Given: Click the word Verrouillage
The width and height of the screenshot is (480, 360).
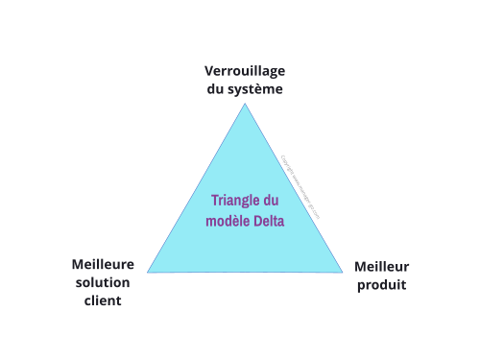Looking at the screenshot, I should (x=245, y=71).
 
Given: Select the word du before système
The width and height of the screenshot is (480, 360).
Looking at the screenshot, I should (x=217, y=89).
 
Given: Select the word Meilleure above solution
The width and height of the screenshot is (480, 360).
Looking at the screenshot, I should (x=103, y=264).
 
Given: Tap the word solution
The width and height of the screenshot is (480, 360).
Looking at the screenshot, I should (x=103, y=282).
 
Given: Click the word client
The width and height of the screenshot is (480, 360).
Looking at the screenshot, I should (x=103, y=300).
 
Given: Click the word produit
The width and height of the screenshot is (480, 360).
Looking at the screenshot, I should (x=382, y=284).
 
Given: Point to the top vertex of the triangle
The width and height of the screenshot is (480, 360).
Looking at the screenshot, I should (x=245, y=104).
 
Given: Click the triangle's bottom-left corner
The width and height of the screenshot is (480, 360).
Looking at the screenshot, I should (x=149, y=272).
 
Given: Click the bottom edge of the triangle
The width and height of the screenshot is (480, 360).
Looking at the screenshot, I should (x=245, y=273).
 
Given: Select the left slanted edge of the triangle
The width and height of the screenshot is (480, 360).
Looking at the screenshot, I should (x=197, y=187).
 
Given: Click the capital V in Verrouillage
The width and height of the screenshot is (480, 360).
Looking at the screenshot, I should (x=209, y=71).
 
